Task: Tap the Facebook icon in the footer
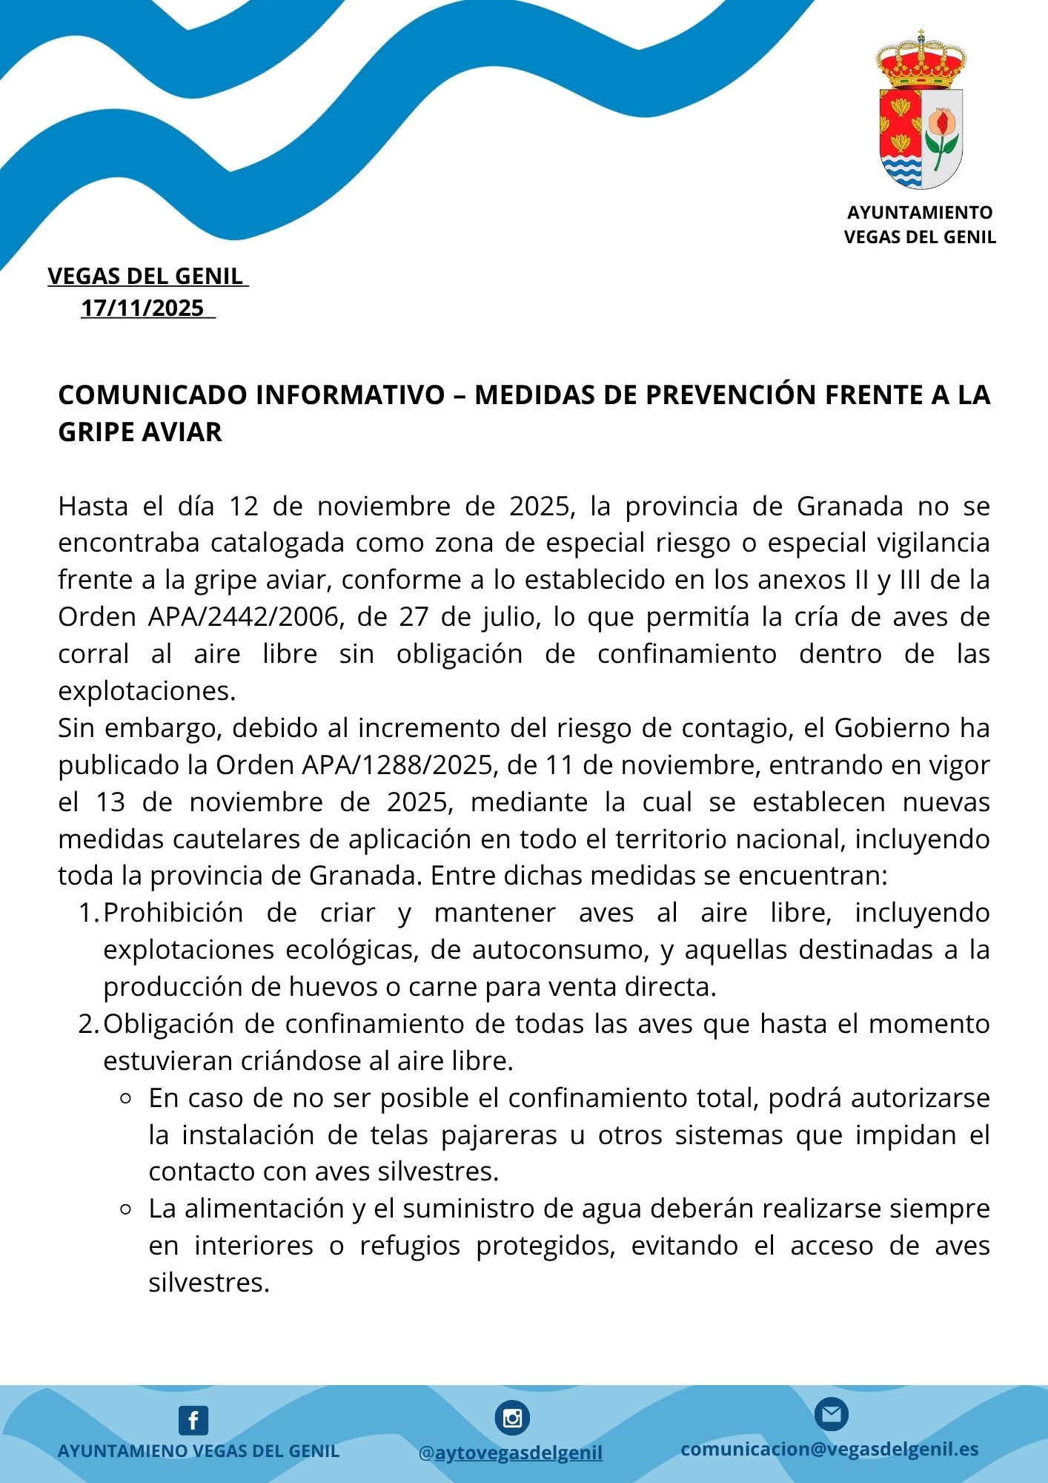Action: click(x=193, y=1421)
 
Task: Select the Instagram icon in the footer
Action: click(x=512, y=1418)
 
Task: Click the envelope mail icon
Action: click(x=831, y=1415)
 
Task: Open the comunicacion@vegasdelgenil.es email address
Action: click(x=829, y=1449)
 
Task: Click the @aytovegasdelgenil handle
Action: click(x=511, y=1453)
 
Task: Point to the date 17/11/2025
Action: click(x=142, y=308)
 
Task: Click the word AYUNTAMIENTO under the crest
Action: click(x=920, y=213)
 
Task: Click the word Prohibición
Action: click(x=173, y=913)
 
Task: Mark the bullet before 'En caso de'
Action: click(x=125, y=1099)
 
